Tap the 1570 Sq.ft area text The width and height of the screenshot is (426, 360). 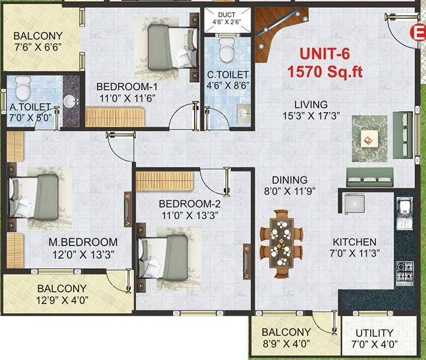[x=326, y=71]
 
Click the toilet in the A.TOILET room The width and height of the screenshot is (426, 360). [x=23, y=89]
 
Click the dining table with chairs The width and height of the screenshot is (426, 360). [x=282, y=235]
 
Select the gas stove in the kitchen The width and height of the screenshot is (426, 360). [x=405, y=269]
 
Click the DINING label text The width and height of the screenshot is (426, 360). [x=290, y=180]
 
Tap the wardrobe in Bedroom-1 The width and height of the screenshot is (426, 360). [x=116, y=116]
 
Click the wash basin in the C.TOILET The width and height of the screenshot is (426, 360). [x=241, y=113]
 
